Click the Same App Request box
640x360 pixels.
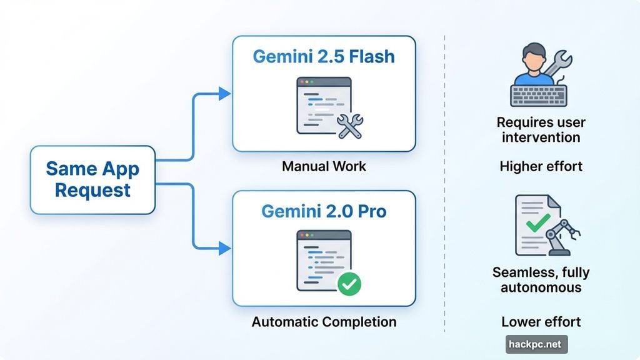point(92,179)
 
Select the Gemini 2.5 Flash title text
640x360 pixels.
point(324,56)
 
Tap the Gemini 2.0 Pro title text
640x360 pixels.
point(324,211)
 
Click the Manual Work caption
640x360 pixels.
point(324,167)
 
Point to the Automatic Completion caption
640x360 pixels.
point(324,322)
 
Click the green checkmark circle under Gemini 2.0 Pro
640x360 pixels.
point(349,284)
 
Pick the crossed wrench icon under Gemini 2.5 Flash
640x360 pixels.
point(349,126)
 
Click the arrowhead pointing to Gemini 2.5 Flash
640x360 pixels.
point(224,94)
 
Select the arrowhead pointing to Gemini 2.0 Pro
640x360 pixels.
point(224,248)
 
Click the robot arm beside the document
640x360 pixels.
point(562,236)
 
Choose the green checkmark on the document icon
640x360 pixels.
point(537,222)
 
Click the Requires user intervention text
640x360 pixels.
point(541,129)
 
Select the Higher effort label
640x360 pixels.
point(541,166)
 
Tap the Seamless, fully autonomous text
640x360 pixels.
point(541,280)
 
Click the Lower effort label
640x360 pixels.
point(541,322)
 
